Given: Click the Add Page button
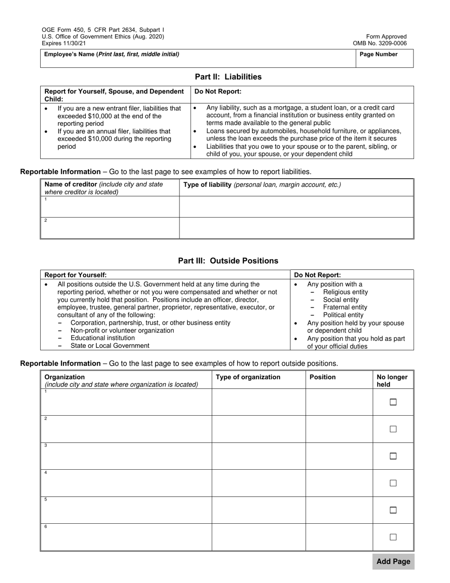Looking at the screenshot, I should tap(393, 562).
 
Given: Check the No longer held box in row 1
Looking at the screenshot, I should tap(393, 402).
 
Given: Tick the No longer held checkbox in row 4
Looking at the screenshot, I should tap(393, 483).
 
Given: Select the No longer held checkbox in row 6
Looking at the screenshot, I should tap(393, 537).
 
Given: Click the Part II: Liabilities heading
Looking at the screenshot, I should tap(228, 77).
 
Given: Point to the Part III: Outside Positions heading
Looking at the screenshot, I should tap(228, 261).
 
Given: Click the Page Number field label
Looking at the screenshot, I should tap(378, 55).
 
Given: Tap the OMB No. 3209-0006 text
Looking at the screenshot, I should tap(379, 43).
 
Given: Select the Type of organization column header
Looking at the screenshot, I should tap(248, 377).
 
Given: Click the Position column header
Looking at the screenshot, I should tap(323, 377).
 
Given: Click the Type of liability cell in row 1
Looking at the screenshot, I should tap(296, 207).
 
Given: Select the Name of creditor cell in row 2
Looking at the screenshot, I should tap(110, 228).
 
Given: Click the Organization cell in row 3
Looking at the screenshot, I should tap(126, 456).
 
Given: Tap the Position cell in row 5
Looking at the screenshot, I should tap(339, 510).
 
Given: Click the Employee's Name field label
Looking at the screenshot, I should tap(112, 55).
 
